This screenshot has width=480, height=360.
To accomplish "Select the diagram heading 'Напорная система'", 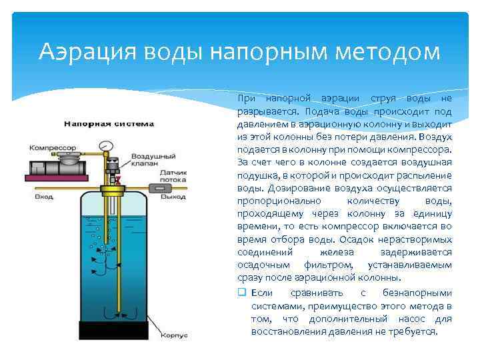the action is pos(109,123).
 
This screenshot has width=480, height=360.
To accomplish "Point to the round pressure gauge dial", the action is pos(103,145).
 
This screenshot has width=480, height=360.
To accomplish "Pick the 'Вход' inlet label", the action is pos(44,198).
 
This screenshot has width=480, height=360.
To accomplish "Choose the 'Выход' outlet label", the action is pos(177,197).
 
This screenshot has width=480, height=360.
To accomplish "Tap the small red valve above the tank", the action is pos(117,179).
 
